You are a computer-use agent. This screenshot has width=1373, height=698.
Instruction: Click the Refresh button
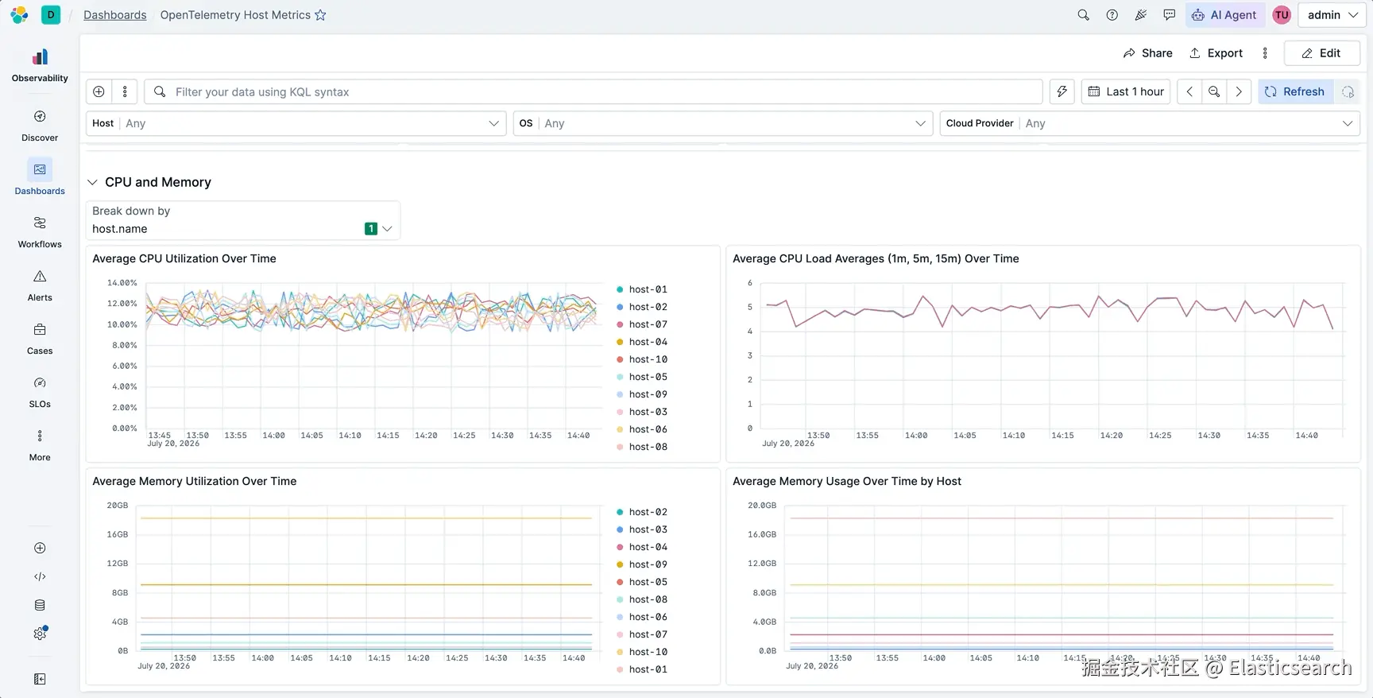(x=1295, y=91)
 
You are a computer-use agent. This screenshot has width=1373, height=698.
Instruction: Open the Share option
(x=1147, y=53)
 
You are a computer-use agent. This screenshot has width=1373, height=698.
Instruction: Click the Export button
(x=1216, y=53)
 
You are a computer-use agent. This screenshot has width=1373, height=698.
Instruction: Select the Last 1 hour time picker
(x=1126, y=91)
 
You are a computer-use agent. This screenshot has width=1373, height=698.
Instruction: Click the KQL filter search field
(x=593, y=91)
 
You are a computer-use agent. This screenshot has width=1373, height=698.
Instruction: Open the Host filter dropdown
(x=296, y=123)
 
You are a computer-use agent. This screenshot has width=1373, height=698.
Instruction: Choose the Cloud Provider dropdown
(x=1150, y=123)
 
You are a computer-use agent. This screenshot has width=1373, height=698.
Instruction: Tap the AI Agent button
(x=1224, y=15)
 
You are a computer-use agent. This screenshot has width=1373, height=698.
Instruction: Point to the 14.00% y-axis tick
(x=122, y=283)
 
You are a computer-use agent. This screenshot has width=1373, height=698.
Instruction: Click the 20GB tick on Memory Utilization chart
(x=118, y=506)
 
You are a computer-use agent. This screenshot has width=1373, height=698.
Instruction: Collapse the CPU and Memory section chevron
(x=92, y=182)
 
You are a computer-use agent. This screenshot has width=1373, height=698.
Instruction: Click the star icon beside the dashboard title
(x=320, y=15)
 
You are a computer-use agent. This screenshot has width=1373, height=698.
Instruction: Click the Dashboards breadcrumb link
(x=115, y=15)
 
